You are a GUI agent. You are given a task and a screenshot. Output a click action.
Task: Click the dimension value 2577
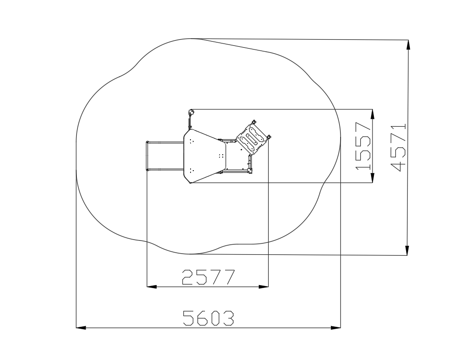tap(209, 277)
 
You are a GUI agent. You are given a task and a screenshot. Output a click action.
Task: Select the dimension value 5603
tap(209, 318)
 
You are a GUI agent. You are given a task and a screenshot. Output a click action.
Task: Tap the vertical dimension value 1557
tap(363, 146)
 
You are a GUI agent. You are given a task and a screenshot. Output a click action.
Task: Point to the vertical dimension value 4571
tap(398, 147)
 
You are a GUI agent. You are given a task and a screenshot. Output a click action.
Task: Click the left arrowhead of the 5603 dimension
tap(81, 327)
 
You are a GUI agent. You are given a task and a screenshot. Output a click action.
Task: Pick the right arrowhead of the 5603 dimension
tap(336, 327)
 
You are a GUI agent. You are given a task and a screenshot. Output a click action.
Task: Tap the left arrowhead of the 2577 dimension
tap(152, 287)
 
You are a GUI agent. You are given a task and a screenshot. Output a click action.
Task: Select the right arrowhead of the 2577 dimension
tap(263, 287)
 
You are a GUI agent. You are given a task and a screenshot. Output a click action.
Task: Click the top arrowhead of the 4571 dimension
tap(408, 44)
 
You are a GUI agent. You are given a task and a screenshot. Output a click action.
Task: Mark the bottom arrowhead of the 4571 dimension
tap(407, 250)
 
